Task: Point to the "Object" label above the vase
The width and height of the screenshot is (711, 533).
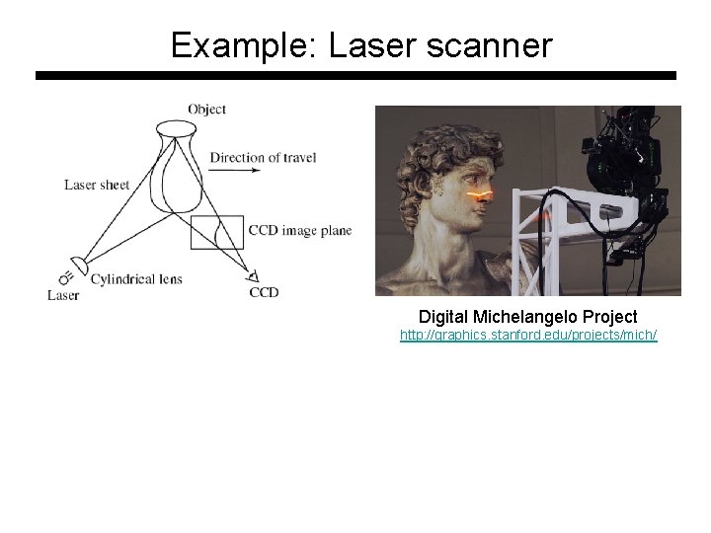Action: [207, 110]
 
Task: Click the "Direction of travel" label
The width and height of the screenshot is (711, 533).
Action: [263, 157]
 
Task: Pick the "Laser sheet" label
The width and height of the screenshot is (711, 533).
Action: [97, 185]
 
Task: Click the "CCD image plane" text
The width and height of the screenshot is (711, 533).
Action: [300, 231]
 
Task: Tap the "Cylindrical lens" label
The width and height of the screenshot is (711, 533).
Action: [136, 279]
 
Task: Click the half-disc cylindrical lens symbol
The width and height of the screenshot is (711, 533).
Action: [79, 266]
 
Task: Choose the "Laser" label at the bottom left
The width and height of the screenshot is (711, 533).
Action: [63, 295]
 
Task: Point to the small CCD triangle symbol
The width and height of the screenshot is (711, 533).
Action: [253, 277]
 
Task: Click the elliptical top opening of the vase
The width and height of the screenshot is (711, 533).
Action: [177, 127]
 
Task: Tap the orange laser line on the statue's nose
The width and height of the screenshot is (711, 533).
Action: [481, 195]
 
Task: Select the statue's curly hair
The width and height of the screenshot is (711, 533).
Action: [425, 148]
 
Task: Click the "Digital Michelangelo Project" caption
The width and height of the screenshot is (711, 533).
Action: [527, 317]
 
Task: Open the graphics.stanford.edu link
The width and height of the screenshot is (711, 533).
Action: [527, 336]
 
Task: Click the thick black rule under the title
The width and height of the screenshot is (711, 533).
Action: [355, 75]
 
